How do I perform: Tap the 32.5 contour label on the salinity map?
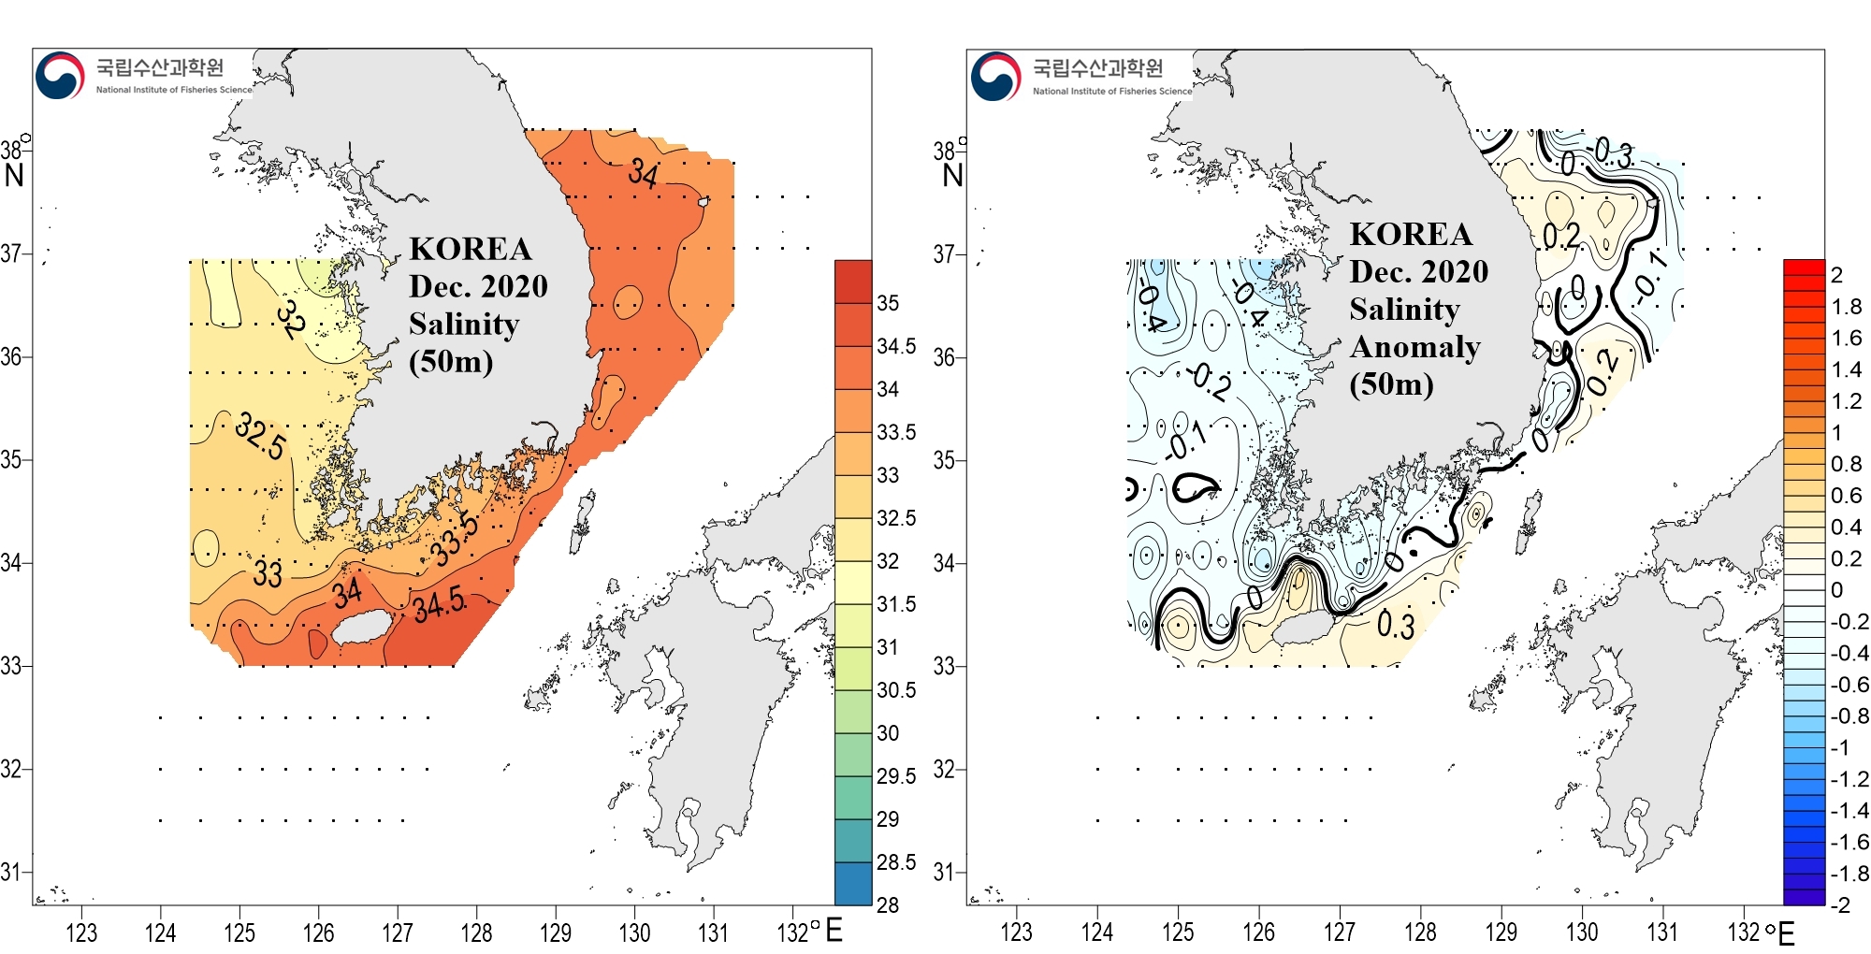pos(260,436)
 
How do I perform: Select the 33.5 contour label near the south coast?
pos(455,540)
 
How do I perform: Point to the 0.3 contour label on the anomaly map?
pos(1395,625)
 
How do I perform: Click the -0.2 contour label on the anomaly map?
pos(1209,381)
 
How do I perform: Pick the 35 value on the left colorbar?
pos(888,303)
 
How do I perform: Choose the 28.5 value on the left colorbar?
pos(895,862)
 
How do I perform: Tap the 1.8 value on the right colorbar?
pos(1846,307)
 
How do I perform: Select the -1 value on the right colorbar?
pos(1839,748)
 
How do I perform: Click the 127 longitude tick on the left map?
pos(398,932)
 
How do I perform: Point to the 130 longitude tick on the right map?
pos(1582,932)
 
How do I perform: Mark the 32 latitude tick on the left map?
pos(11,769)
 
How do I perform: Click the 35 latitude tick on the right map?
pos(945,460)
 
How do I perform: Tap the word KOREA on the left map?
pos(471,249)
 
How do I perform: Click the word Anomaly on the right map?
pos(1414,347)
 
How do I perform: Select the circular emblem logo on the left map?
pos(60,76)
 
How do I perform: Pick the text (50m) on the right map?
pos(1391,384)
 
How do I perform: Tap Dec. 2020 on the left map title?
pos(478,286)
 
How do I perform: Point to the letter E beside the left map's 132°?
pos(834,931)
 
